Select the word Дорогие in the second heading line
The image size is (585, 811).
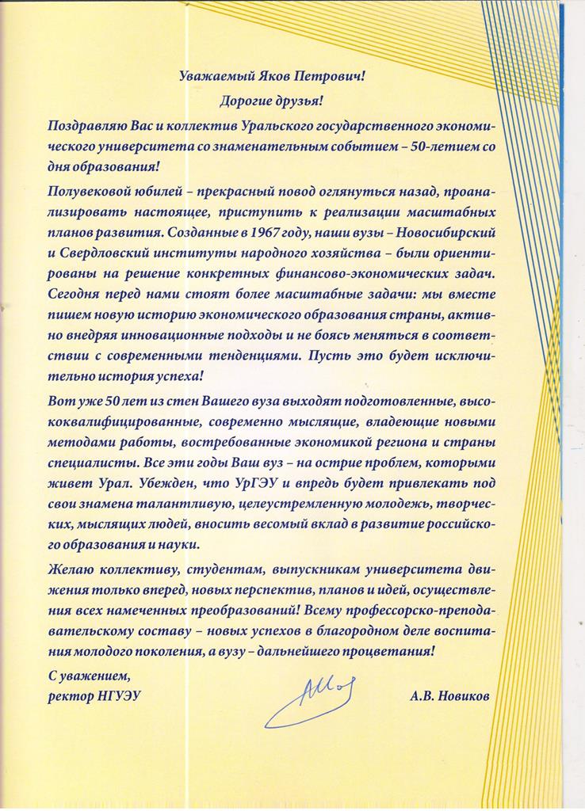(x=247, y=101)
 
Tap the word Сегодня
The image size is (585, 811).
(x=75, y=293)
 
